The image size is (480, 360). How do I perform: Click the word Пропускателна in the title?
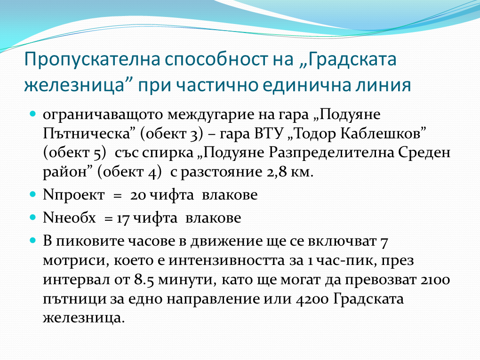tap(92, 59)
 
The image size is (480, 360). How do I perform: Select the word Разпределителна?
tap(331, 153)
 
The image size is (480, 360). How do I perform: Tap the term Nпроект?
tap(74, 195)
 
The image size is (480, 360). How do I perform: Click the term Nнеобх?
tap(69, 218)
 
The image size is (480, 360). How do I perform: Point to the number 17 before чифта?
tap(123, 218)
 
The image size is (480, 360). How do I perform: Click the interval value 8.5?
tap(144, 280)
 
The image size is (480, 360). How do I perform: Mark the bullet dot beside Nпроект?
tap(33, 194)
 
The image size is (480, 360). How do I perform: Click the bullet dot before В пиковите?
tap(33, 240)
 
